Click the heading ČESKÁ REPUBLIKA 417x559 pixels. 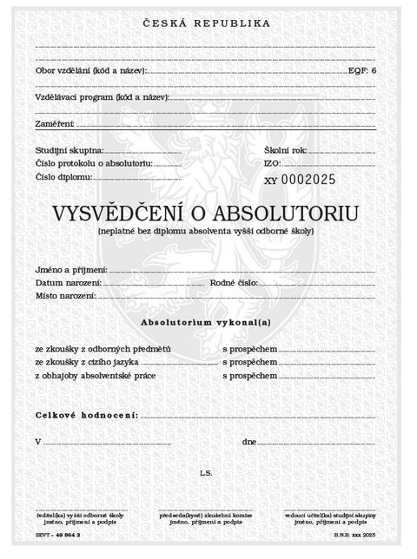[x=206, y=23]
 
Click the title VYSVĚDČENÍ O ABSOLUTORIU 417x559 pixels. [x=206, y=214]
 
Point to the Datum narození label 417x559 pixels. [x=69, y=283]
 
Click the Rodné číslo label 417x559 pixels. [x=233, y=283]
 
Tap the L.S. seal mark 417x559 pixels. [x=206, y=475]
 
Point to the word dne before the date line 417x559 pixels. [x=248, y=443]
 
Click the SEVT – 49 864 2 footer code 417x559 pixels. [x=59, y=539]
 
